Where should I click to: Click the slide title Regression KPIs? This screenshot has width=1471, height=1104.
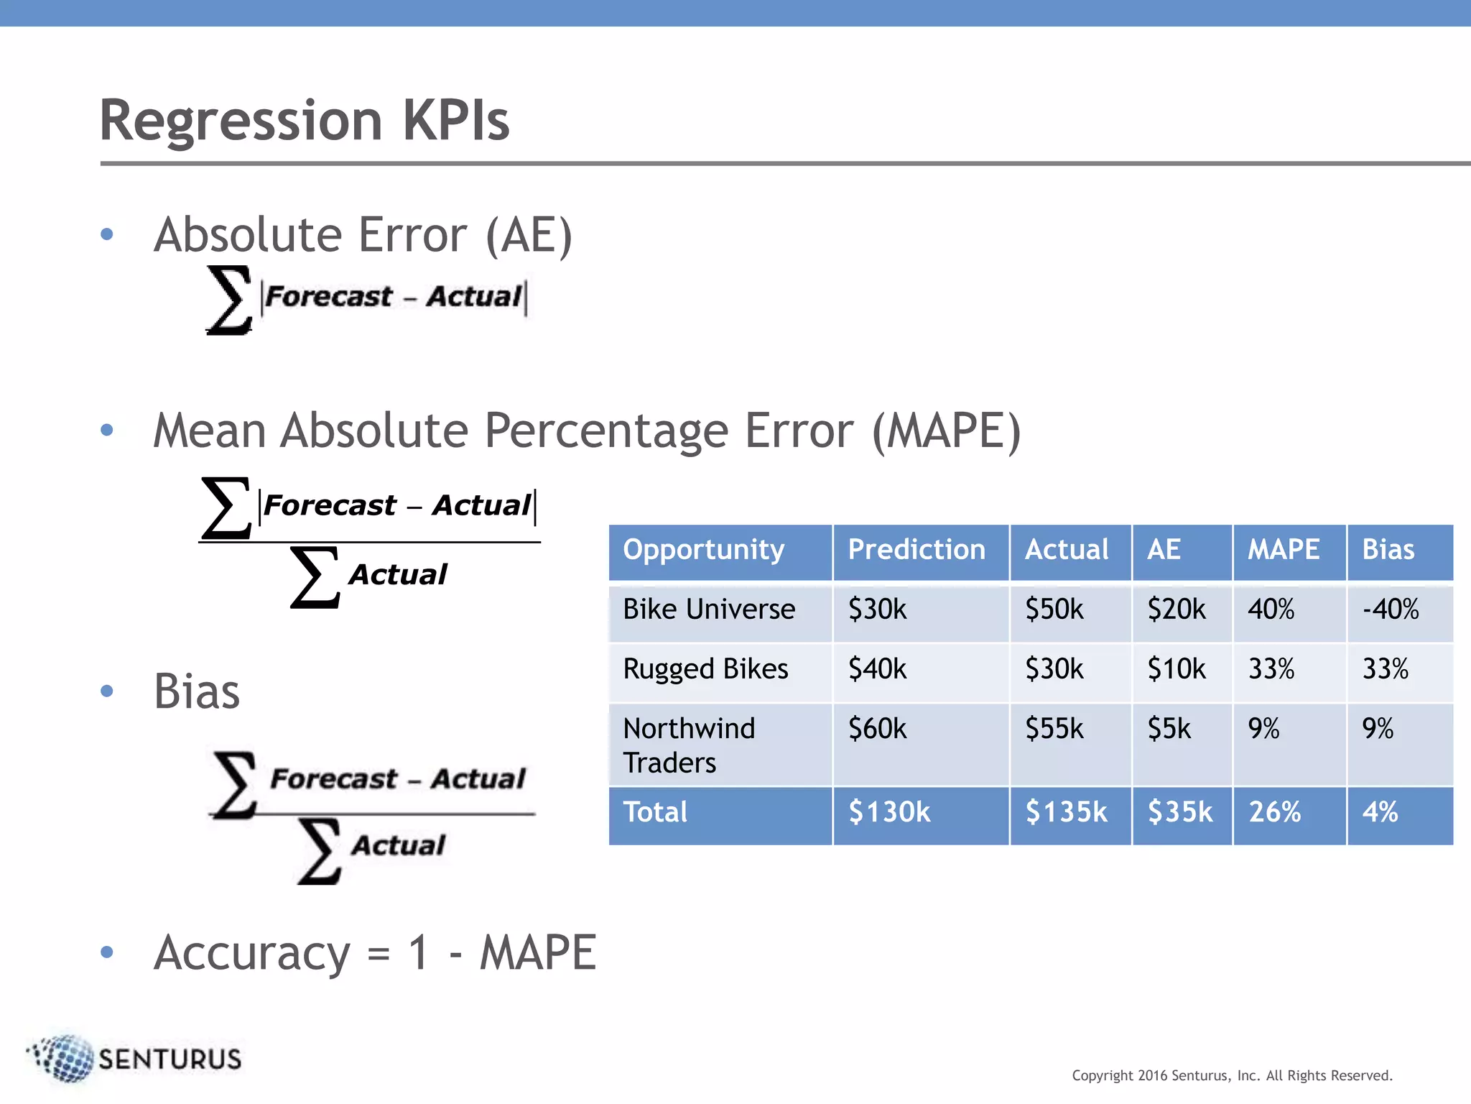point(305,120)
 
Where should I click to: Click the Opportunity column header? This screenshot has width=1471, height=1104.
point(703,550)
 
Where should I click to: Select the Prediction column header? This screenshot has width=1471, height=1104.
point(917,550)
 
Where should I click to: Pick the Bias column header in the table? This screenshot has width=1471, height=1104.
point(1388,550)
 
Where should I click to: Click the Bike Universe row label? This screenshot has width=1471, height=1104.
point(709,609)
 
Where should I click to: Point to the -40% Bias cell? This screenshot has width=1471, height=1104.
point(1391,609)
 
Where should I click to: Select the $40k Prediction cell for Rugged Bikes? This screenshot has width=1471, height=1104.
point(877,669)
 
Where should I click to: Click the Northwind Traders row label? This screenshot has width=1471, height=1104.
point(688,745)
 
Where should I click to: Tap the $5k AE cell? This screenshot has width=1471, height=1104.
point(1169,729)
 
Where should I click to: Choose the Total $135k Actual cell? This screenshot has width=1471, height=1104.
point(1066,812)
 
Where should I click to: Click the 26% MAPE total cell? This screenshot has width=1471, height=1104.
point(1274,812)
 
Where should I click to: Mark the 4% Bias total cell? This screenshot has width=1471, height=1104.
point(1380,812)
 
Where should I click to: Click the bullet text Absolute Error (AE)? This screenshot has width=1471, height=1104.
point(363,235)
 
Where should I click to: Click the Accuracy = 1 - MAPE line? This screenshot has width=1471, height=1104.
point(375,953)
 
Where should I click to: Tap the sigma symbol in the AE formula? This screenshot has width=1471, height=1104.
point(229,300)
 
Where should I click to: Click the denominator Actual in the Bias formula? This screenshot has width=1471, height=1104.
point(399,846)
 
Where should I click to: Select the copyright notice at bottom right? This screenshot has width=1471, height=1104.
point(1232,1076)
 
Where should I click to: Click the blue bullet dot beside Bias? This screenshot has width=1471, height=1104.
point(108,691)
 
